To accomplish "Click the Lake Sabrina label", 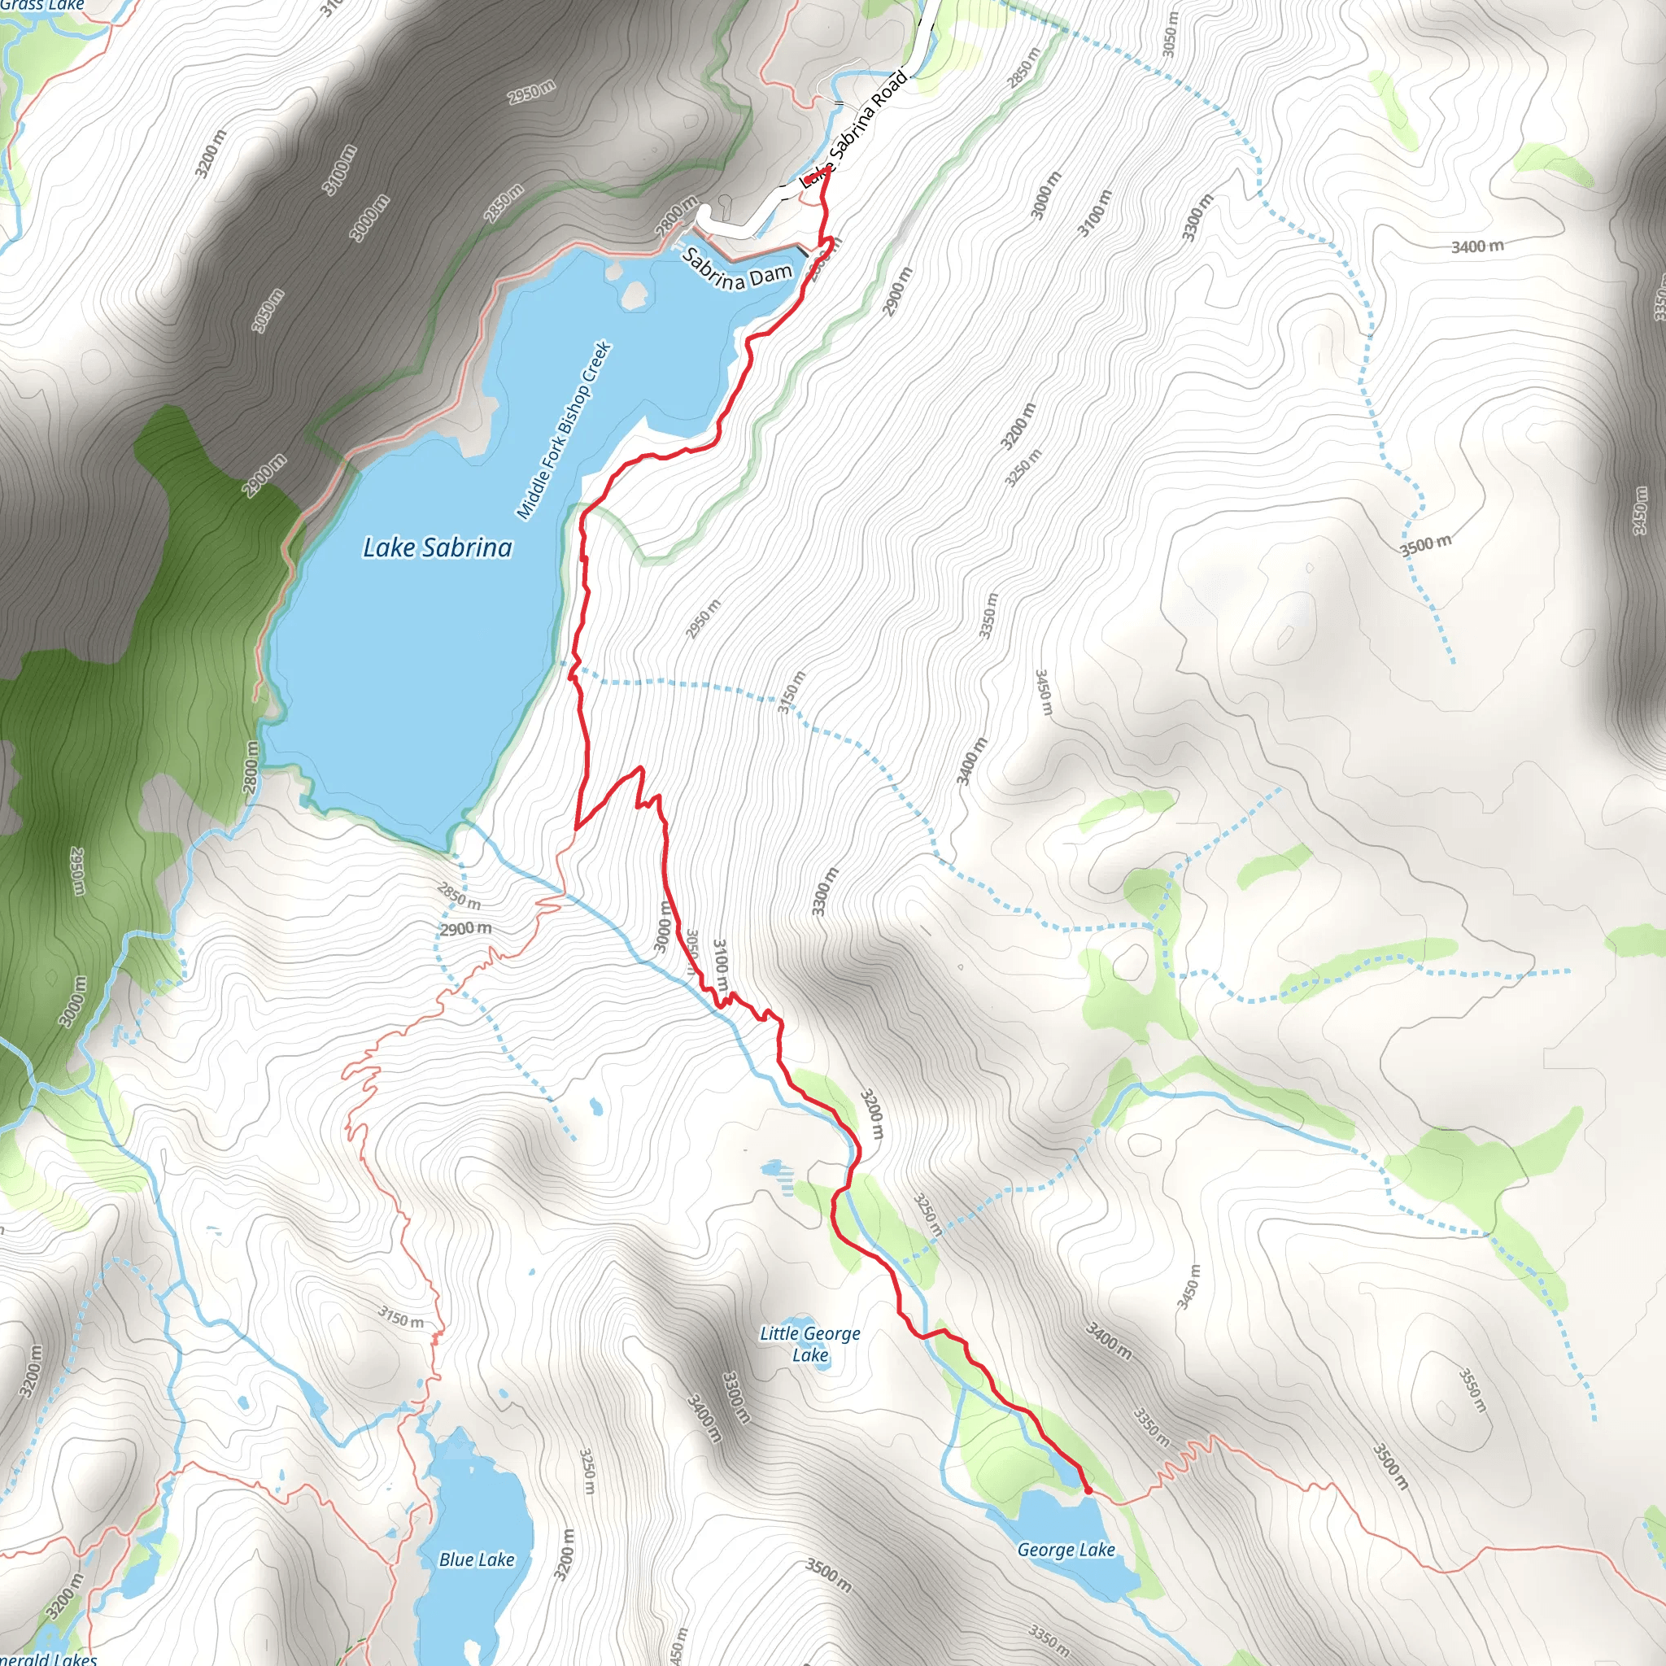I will tap(437, 547).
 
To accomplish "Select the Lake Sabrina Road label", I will tap(853, 129).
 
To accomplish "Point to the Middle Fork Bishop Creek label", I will tap(564, 430).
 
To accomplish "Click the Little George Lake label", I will tap(809, 1344).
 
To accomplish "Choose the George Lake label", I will tap(1066, 1550).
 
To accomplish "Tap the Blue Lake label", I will tap(476, 1559).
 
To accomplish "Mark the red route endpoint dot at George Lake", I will tap(1088, 1489).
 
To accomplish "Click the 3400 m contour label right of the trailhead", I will tap(1477, 246).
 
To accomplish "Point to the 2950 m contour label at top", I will tap(531, 91).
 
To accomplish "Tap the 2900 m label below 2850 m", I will tap(465, 929).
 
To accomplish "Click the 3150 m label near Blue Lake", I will tap(401, 1317).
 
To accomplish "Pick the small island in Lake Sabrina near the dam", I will tap(635, 295).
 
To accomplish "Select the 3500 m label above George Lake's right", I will tap(1390, 1466).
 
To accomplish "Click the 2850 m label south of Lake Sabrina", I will tap(459, 896).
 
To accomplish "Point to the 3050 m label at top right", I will tap(1169, 35).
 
